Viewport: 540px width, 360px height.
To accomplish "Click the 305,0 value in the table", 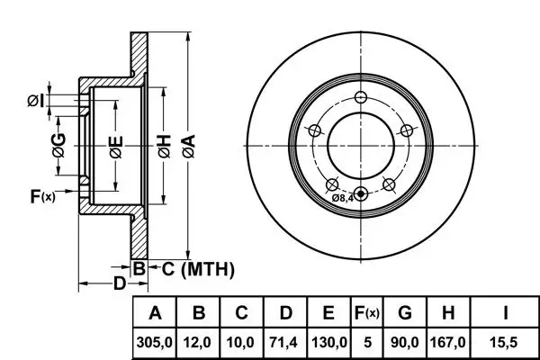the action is [154, 342].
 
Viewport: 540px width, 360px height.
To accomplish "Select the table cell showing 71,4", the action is [284, 342].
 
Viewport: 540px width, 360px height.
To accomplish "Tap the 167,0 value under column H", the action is [447, 342].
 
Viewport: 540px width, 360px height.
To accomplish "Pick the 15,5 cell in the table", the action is [505, 342].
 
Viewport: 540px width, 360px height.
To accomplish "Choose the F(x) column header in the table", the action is [367, 313].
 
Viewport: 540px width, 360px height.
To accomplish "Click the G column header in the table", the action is [405, 313].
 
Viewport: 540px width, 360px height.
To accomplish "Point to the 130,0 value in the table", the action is [329, 342].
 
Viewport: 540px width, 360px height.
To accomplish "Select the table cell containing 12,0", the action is [197, 342].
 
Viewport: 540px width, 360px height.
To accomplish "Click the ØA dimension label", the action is [188, 146].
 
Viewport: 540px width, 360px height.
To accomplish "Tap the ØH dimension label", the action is [165, 146].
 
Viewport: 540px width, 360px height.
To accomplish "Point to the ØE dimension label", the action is [116, 147].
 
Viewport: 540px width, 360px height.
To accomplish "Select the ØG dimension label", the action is [58, 145].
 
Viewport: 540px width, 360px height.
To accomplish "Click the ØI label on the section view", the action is [36, 101].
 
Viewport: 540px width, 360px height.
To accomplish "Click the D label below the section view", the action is [120, 283].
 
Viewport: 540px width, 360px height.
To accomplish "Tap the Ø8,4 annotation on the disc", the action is [343, 198].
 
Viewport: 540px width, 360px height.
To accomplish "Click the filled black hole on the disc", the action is [361, 194].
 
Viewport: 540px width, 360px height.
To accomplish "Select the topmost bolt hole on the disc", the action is [361, 97].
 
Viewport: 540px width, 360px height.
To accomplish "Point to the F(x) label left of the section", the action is [42, 196].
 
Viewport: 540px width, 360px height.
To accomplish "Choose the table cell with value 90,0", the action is [405, 342].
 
